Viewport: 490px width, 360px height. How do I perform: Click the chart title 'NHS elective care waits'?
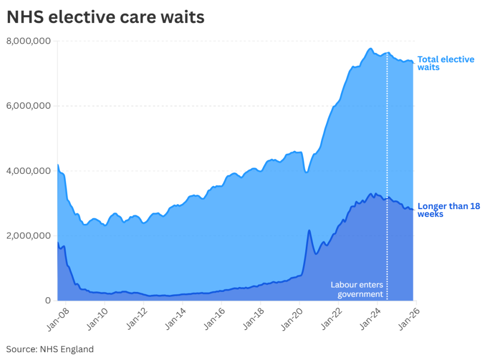(105, 18)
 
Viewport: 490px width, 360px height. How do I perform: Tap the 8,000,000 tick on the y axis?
(28, 41)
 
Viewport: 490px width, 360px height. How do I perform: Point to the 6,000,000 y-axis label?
(28, 106)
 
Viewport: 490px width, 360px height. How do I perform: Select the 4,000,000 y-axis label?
(28, 171)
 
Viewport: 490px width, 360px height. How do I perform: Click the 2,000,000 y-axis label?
(28, 236)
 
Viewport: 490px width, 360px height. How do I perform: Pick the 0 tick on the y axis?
(48, 300)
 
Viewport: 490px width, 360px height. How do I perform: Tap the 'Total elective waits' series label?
(445, 63)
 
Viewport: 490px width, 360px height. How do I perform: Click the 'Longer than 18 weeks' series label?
(448, 210)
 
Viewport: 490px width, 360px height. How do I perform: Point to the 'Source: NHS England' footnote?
(49, 349)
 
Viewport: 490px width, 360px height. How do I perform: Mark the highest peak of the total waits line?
(370, 48)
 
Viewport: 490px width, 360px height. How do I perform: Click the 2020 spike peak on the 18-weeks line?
(309, 230)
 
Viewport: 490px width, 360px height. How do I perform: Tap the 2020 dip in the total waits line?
(306, 172)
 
